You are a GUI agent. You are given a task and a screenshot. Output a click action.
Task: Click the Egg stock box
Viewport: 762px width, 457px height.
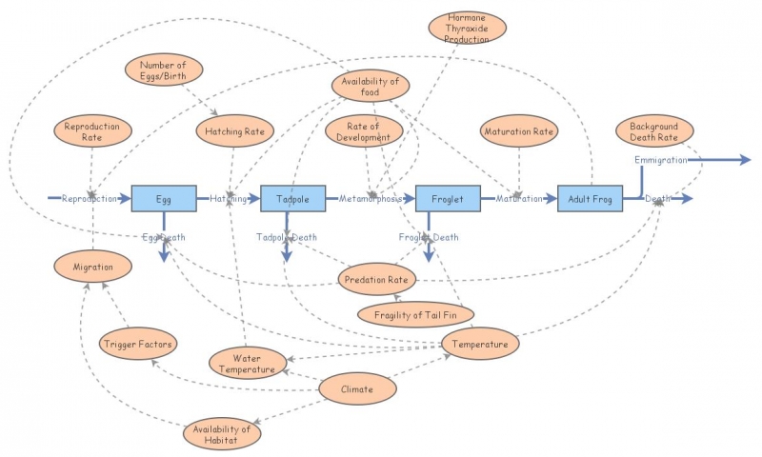coord(164,198)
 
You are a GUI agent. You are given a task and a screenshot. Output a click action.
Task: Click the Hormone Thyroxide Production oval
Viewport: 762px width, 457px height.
coord(468,28)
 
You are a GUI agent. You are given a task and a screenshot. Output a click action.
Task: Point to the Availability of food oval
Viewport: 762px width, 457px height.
coord(371,86)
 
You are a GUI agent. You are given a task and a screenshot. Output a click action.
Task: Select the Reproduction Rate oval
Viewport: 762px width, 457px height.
coord(91,132)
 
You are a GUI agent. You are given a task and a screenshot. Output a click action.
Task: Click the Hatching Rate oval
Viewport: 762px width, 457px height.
coord(234,131)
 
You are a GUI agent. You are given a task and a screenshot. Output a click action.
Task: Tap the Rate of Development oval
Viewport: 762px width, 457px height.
coord(358,131)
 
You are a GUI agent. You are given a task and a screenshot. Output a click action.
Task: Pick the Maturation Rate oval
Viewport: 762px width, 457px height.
coord(518,131)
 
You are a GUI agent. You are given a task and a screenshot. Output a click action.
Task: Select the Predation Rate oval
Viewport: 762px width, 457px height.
coord(377,280)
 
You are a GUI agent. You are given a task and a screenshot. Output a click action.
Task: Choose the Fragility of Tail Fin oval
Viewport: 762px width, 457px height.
coord(414,312)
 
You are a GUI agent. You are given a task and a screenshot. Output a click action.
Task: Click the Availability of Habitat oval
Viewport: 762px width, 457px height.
coord(220,434)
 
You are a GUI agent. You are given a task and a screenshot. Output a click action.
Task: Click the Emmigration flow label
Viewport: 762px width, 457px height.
coord(660,160)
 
